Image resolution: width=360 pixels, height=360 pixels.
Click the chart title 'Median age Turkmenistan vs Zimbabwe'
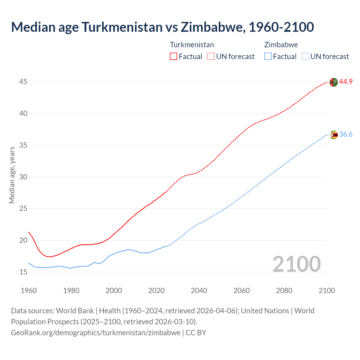[x=162, y=27]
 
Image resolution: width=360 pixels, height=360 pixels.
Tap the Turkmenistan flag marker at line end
[x=333, y=82]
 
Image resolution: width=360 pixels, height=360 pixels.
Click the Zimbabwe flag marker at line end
[x=334, y=135]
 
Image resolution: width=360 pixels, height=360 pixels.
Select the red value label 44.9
[x=346, y=82]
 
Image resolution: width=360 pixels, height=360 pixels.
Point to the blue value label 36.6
[x=346, y=134]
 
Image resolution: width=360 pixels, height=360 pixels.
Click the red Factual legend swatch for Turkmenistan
[x=174, y=57]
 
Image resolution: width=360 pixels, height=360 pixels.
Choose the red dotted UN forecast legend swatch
[x=211, y=57]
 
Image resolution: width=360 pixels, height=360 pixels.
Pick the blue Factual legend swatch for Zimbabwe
[x=268, y=57]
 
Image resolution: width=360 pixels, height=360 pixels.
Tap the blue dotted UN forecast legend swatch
[x=305, y=57]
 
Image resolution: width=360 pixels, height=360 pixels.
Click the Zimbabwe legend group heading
[x=281, y=45]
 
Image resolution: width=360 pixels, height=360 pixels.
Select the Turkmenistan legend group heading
[x=192, y=45]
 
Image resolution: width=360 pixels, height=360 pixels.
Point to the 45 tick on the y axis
[x=23, y=82]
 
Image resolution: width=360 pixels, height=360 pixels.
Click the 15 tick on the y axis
[x=23, y=272]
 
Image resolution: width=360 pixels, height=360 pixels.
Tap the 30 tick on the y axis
[x=23, y=177]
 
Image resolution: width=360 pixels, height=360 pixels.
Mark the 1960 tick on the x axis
[x=29, y=291]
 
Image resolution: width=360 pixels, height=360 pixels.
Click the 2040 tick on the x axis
[x=199, y=291]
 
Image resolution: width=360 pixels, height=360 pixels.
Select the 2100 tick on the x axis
[x=327, y=291]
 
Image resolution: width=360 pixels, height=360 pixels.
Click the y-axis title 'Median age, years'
[x=12, y=175]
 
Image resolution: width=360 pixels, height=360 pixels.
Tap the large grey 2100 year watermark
[x=296, y=264]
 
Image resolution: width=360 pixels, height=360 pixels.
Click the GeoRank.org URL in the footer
[x=96, y=332]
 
